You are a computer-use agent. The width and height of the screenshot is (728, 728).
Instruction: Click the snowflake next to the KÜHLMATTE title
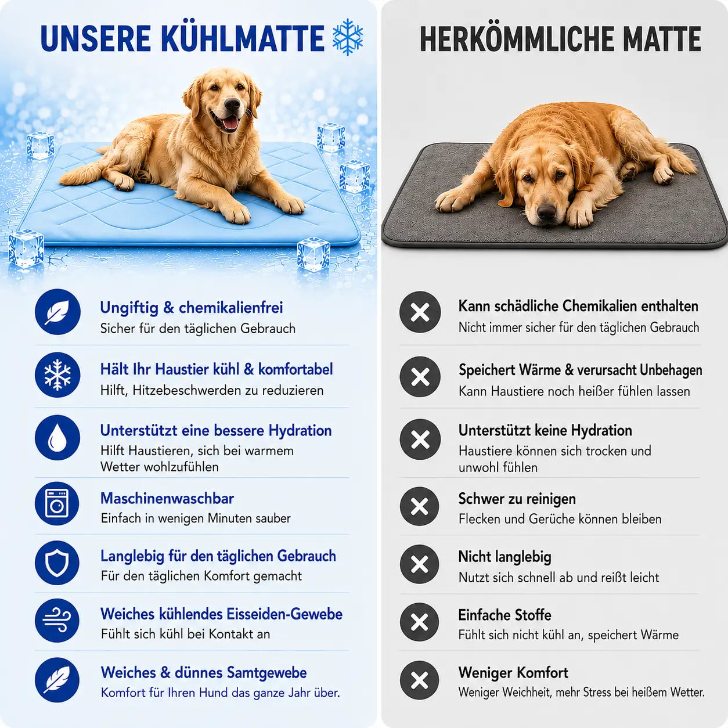point(348,37)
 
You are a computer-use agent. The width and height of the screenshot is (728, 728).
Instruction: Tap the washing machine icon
point(57,503)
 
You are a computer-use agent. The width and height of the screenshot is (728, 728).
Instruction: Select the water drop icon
point(57,438)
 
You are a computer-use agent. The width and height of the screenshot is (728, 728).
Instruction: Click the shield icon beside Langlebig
point(57,563)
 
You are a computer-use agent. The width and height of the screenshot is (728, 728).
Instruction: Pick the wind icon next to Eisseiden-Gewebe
point(57,621)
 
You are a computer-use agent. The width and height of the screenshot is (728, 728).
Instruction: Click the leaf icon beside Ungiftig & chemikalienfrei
point(58,312)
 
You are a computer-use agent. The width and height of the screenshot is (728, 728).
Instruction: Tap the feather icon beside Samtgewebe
point(57,680)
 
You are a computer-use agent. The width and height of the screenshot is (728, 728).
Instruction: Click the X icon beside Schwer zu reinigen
point(420,506)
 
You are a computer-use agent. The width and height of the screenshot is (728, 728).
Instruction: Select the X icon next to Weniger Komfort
point(420,680)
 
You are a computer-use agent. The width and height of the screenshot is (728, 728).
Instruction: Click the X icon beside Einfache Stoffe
point(420,622)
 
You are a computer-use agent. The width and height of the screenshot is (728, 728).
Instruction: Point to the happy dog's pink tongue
point(230,123)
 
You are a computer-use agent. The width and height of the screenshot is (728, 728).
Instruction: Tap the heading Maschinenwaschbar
point(167,498)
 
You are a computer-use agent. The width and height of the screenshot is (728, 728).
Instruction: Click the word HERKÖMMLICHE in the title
point(517,39)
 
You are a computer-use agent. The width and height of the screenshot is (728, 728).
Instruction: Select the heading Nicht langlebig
point(504,557)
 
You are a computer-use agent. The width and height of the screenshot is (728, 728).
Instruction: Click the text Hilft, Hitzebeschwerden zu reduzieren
point(212,390)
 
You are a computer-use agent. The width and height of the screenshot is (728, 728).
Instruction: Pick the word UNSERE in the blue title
point(96,39)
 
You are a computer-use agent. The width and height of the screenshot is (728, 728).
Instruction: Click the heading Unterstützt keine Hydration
point(545,430)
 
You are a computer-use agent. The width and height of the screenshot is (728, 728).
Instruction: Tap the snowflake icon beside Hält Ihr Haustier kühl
point(57,375)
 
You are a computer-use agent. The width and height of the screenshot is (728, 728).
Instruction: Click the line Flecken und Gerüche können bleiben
point(560,518)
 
